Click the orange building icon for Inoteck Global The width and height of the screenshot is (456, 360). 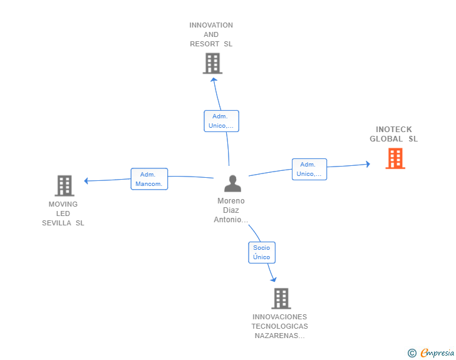click(395, 158)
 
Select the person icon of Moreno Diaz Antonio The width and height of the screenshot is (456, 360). click(232, 183)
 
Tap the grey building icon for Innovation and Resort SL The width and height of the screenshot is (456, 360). click(212, 63)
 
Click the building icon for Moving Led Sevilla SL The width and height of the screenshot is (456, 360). click(65, 185)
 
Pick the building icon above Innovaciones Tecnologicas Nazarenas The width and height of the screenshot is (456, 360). click(281, 299)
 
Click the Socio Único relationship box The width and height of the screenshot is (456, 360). click(261, 252)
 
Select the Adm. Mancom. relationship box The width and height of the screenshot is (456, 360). click(149, 179)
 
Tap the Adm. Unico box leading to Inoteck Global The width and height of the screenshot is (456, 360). click(309, 169)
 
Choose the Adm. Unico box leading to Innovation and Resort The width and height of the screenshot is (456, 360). click(221, 121)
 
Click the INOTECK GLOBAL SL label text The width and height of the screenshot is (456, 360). click(393, 134)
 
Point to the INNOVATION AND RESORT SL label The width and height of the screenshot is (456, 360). click(211, 34)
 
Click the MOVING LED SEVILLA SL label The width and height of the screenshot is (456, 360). click(63, 213)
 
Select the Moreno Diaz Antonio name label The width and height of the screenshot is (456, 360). click(231, 210)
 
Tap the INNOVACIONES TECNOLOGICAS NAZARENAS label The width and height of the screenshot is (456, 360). click(279, 326)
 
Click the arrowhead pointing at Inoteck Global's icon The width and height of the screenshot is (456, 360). click(367, 164)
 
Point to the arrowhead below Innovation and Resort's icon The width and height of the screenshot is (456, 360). click(214, 79)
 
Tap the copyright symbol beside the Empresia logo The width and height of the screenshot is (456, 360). click(412, 353)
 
